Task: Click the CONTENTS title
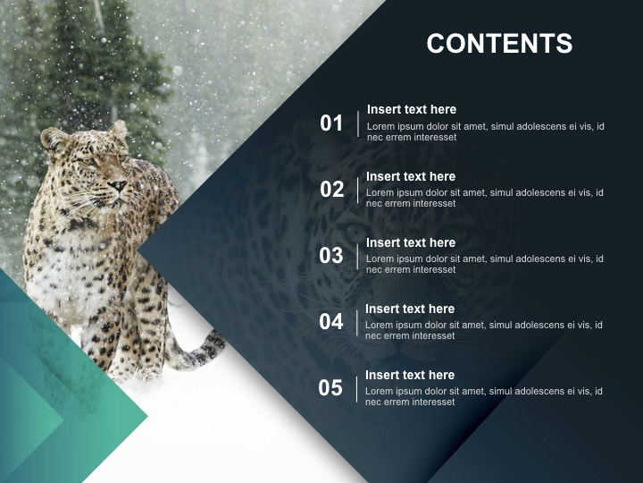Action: [x=499, y=43]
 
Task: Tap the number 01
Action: [x=331, y=123]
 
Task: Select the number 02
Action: [x=331, y=190]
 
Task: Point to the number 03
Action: [x=331, y=256]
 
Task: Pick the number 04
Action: [x=331, y=322]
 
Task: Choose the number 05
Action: [x=330, y=388]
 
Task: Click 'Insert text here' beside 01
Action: [x=411, y=109]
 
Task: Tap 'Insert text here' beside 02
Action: [x=411, y=176]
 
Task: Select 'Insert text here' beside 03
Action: [x=411, y=242]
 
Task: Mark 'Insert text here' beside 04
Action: [x=410, y=309]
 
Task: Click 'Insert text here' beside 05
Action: [x=410, y=375]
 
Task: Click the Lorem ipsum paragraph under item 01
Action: [x=485, y=131]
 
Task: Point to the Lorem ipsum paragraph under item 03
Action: [x=485, y=264]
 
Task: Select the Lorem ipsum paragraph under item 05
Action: [x=484, y=396]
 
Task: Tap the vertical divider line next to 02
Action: [x=358, y=190]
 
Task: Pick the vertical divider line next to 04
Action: [x=357, y=322]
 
